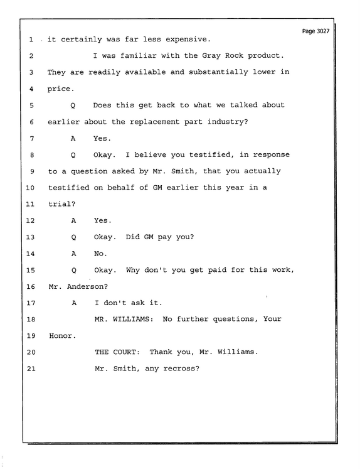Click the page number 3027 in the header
coord(323,31)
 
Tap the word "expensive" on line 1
coord(188,40)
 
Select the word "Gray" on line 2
coord(211,56)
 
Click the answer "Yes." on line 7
coord(102,139)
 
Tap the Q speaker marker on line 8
coord(73,155)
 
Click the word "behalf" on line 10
coord(120,188)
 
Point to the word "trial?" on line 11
coord(62,204)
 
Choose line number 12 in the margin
coord(31,221)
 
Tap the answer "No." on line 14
coord(100,254)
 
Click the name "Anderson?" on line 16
coord(87,286)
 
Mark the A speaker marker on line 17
coord(74,303)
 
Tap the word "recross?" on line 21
coord(181,369)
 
